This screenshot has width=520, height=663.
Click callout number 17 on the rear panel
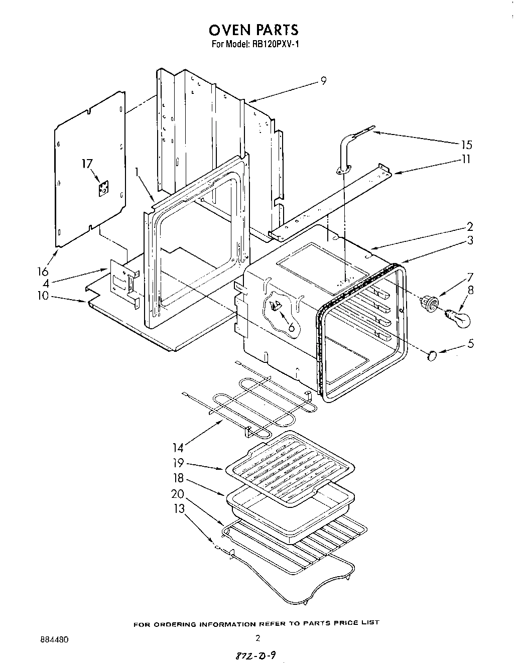(87, 164)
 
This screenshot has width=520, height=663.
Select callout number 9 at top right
(324, 80)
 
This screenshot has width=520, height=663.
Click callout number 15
(466, 145)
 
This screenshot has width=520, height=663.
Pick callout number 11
(466, 160)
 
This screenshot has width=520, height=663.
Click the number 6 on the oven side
(291, 327)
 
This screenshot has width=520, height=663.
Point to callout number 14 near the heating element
(179, 447)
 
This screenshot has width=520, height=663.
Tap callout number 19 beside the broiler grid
(179, 463)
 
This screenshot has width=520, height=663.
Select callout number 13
(179, 509)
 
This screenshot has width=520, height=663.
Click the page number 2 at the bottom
(257, 639)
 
